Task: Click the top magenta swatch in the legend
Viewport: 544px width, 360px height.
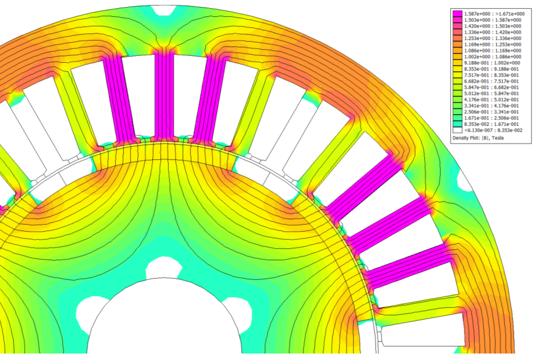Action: tap(457, 14)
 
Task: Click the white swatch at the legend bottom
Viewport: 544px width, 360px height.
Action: tap(457, 131)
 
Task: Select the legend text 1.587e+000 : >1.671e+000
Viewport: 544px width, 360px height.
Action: tap(494, 14)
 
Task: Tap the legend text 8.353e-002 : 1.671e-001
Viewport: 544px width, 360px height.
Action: tap(492, 124)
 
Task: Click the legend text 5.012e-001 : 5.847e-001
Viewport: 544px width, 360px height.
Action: tap(492, 93)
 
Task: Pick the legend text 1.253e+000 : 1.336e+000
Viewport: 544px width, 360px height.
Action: tap(492, 38)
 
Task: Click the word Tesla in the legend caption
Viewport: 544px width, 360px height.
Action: tap(498, 138)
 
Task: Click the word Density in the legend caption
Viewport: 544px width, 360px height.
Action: tap(460, 138)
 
